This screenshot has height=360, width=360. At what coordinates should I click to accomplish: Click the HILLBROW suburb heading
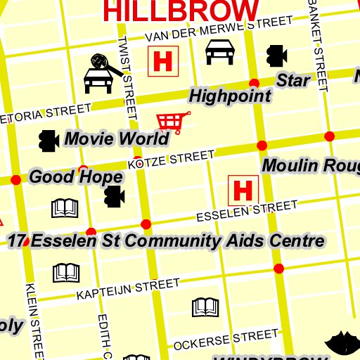181,10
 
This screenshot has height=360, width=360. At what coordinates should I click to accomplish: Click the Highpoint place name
231,96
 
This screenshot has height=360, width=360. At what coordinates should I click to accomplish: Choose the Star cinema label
293,80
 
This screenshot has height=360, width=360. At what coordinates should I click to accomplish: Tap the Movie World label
116,139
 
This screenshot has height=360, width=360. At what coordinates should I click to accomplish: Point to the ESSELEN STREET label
246,210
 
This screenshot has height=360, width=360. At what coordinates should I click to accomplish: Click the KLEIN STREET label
32,320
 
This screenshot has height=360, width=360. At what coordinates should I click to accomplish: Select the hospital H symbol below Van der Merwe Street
163,61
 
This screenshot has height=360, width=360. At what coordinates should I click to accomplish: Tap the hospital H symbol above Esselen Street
243,190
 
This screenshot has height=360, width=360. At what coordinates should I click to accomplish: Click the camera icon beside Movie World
48,141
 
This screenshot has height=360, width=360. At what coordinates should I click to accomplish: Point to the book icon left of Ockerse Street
206,307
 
